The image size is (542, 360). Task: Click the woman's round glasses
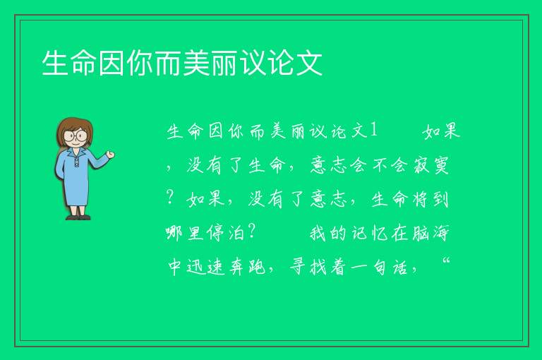click(76, 136)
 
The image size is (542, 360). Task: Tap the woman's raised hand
click(110, 155)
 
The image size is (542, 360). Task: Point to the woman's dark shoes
click(78, 217)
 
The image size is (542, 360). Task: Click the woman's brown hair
click(75, 130)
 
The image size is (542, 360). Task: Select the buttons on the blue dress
click(76, 162)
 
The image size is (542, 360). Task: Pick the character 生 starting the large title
click(54, 63)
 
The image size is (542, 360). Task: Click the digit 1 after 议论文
click(373, 131)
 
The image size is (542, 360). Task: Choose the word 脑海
click(431, 233)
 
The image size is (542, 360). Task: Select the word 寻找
click(308, 267)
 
